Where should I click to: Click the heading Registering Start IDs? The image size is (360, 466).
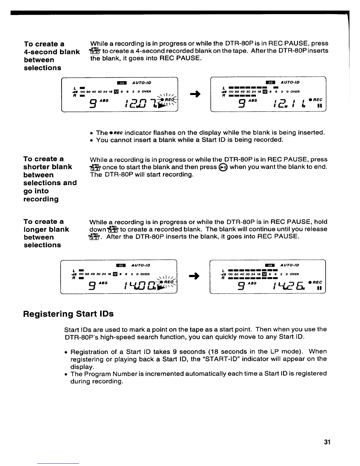(68, 314)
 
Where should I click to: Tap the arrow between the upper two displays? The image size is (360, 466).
(195, 94)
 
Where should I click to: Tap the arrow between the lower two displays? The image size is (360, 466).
(195, 276)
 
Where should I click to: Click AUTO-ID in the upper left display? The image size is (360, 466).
(142, 83)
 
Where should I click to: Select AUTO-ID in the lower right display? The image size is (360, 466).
(290, 265)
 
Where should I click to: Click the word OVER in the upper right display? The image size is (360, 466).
(294, 91)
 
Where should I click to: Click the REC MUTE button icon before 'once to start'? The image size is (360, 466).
(95, 167)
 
